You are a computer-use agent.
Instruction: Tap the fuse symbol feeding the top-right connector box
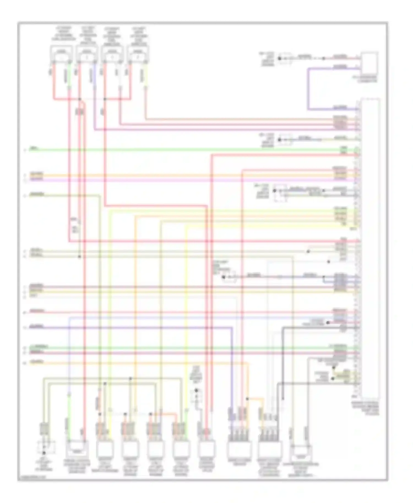[x=285, y=58]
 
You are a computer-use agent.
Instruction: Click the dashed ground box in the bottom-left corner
[x=46, y=447]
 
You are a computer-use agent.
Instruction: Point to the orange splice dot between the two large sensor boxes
[x=247, y=399]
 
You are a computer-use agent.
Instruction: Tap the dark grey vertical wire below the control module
[x=282, y=363]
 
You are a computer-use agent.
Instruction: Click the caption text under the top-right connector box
[x=369, y=79]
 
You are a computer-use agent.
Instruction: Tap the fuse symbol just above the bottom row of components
[x=196, y=395]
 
